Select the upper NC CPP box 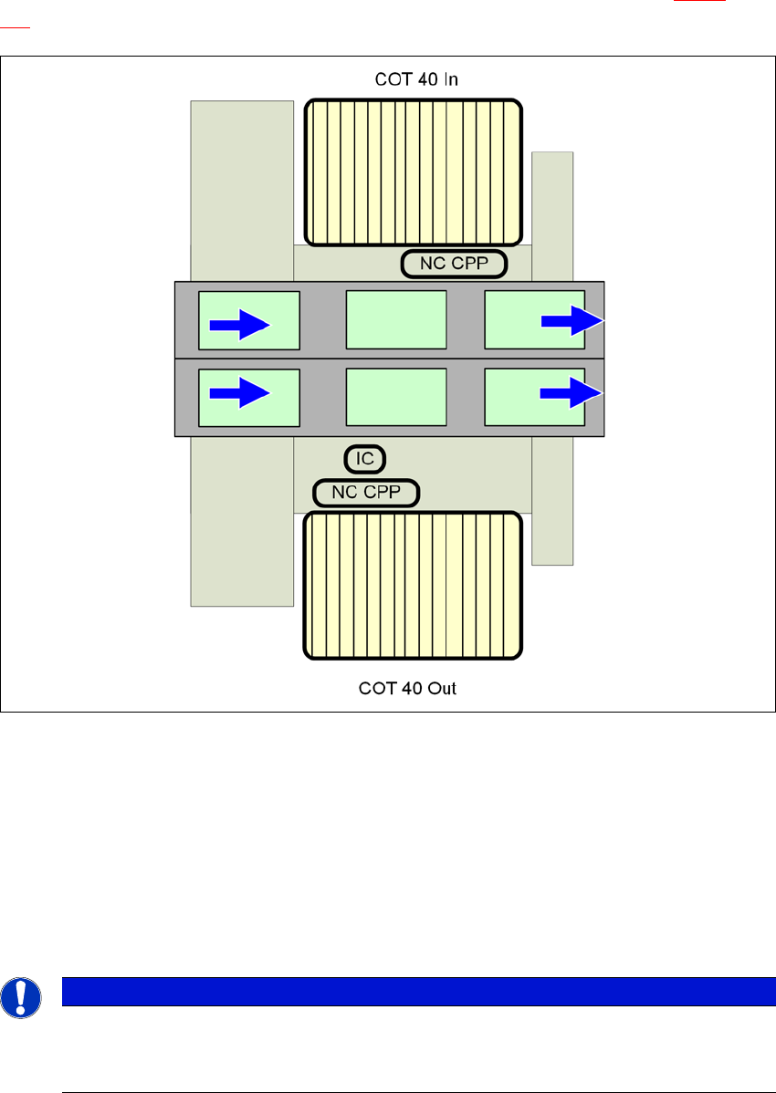[454, 265]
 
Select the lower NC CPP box [366, 494]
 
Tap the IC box [365, 458]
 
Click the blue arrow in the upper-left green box [240, 324]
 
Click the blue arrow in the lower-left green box [240, 393]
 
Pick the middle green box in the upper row [396, 319]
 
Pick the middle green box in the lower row [396, 398]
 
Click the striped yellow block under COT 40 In [413, 172]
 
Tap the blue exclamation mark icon [21, 998]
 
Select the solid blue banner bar [412, 991]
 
